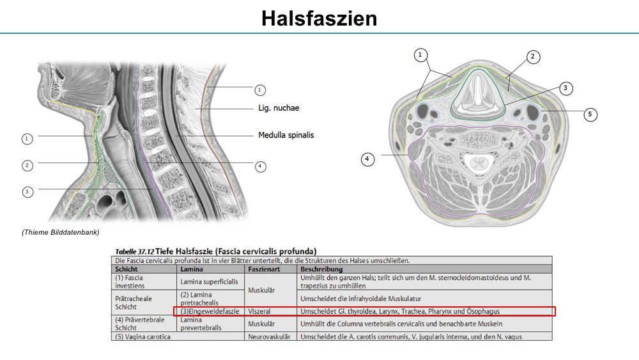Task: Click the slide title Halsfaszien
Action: click(319, 19)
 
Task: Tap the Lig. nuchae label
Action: click(279, 108)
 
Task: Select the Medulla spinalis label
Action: click(286, 135)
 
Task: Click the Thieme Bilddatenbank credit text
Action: click(60, 232)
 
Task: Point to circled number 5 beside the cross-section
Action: click(590, 114)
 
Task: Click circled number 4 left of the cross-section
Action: click(367, 159)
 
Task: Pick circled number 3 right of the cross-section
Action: click(566, 88)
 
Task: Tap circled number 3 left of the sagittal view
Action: click(27, 192)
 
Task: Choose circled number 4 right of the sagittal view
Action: click(260, 166)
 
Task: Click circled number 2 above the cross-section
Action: click(533, 57)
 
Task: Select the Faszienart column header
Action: click(263, 269)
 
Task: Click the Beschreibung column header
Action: click(321, 269)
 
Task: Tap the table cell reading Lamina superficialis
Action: click(209, 282)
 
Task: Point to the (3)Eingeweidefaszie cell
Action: click(210, 311)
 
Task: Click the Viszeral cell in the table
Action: click(259, 311)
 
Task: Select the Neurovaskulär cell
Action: click(270, 337)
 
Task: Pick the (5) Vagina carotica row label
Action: click(142, 337)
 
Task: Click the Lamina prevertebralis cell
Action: click(201, 324)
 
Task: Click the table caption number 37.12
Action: click(146, 251)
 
